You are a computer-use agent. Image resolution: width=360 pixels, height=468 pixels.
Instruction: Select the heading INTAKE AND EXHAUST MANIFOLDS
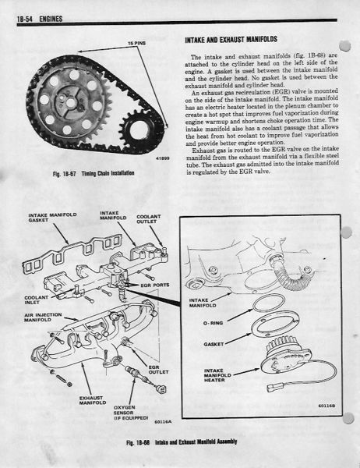[231, 40]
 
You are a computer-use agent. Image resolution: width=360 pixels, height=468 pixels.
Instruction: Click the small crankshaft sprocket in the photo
[138, 129]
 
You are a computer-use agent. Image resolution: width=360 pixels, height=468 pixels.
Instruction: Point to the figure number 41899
[162, 158]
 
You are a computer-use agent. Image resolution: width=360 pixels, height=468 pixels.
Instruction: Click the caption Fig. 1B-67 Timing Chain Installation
[94, 173]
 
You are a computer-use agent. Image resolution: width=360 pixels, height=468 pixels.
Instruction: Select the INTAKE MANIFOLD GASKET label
[52, 218]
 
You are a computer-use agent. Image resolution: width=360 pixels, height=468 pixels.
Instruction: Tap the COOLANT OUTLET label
[149, 219]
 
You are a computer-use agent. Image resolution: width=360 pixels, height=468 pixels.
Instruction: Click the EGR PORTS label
[155, 285]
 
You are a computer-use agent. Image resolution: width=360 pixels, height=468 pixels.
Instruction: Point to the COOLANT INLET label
[36, 300]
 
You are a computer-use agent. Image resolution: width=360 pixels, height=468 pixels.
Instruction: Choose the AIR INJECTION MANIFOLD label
[43, 317]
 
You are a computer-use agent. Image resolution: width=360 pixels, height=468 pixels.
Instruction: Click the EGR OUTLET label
[158, 370]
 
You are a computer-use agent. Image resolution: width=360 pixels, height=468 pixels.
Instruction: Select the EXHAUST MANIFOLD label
[93, 400]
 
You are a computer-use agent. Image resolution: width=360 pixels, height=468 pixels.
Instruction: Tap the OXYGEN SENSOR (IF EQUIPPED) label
[131, 413]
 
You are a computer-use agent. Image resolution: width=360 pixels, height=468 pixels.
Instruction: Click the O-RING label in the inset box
[213, 323]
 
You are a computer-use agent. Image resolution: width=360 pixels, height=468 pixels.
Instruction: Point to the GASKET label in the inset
[214, 344]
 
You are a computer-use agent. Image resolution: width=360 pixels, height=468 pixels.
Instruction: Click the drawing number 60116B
[327, 406]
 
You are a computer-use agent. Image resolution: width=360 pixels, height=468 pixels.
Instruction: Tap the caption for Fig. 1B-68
[182, 441]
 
